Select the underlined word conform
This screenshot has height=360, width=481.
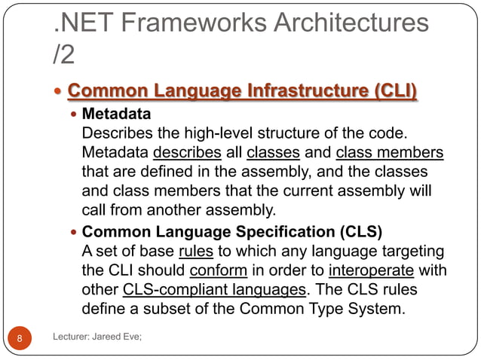pyautogui.click(x=219, y=269)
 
